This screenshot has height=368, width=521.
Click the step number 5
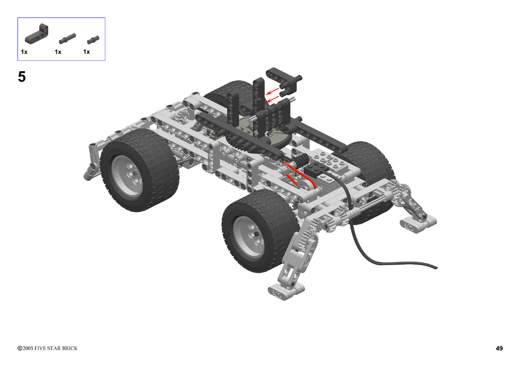21,77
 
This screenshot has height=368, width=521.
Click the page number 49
499,348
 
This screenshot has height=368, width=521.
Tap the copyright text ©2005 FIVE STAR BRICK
47,348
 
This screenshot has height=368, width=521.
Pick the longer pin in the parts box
68,39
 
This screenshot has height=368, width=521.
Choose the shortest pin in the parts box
93,40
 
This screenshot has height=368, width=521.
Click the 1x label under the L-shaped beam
24,52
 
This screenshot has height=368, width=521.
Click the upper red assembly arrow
273,91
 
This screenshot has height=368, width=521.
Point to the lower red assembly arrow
273,99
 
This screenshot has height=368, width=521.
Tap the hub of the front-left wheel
127,175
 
